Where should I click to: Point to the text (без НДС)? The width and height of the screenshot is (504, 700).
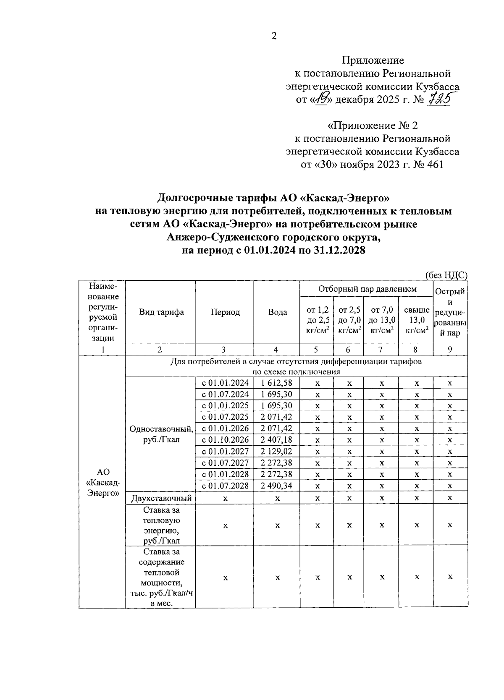coord(446,275)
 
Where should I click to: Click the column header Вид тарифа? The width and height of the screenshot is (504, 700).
coord(161,312)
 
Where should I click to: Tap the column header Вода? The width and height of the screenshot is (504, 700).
coord(277,312)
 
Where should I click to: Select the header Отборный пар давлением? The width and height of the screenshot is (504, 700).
coord(367,289)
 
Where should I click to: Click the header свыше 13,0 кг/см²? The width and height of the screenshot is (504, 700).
coord(416,320)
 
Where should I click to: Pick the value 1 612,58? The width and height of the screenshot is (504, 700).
coord(276,383)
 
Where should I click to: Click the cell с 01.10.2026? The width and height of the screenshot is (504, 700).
coord(225,440)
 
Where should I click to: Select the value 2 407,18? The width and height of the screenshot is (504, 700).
coord(276,440)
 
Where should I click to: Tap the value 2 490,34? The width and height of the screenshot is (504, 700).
coord(276,486)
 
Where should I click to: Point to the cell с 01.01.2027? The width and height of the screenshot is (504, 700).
coord(225,451)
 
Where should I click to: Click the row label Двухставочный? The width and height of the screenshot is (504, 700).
coord(161,498)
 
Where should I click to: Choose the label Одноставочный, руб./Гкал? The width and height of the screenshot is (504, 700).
coord(161,434)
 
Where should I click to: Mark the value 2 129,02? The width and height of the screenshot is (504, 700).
coord(276,451)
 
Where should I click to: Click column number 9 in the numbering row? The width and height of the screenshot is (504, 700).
coord(450,350)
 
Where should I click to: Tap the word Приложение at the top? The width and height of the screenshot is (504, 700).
coord(372,60)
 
